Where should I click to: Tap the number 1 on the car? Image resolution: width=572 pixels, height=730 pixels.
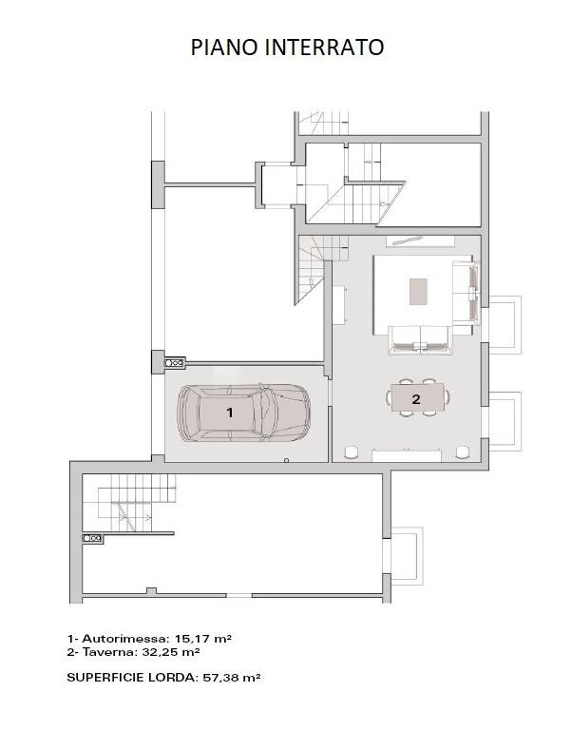tap(229, 413)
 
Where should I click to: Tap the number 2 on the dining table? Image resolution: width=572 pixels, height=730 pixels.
tap(416, 398)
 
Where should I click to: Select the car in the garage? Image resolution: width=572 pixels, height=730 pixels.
tap(244, 413)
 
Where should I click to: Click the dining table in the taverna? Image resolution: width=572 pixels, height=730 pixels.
tap(418, 397)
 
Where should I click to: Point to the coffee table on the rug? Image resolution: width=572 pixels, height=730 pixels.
tap(418, 292)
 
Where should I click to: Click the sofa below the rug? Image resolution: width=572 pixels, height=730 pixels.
tap(421, 340)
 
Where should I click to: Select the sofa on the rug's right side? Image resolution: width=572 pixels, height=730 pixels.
tap(466, 293)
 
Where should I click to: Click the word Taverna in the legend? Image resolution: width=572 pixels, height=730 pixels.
tap(110, 652)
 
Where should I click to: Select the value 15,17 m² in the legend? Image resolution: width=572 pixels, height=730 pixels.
tap(203, 639)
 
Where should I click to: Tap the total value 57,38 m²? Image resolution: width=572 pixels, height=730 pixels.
tap(231, 678)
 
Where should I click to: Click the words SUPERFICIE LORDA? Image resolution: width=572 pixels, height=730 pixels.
tap(132, 678)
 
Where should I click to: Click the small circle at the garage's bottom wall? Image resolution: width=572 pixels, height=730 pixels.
tap(287, 460)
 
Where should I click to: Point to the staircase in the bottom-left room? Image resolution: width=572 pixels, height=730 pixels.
tap(129, 503)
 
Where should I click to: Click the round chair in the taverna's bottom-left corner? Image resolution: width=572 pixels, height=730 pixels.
tap(352, 452)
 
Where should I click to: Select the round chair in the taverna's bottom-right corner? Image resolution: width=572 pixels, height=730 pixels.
tap(463, 452)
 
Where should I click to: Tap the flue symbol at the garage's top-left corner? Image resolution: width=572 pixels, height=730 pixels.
tap(175, 362)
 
